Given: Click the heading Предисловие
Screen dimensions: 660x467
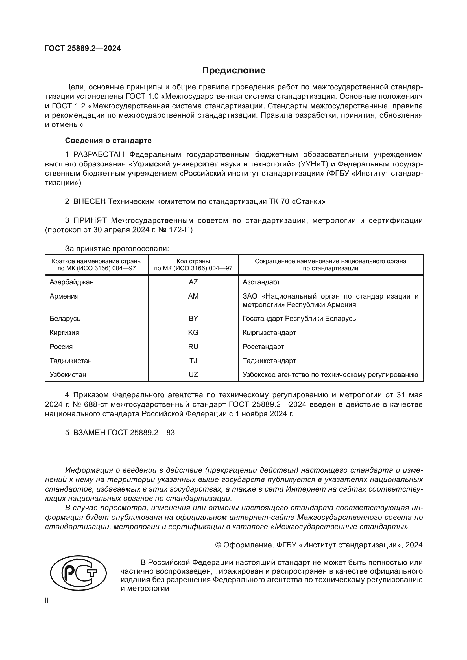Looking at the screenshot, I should pyautogui.click(x=234, y=71).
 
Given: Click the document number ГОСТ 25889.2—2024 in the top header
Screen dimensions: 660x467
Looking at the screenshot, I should pyautogui.click(x=83, y=48).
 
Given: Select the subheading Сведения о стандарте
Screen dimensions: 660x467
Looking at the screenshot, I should pyautogui.click(x=108, y=141).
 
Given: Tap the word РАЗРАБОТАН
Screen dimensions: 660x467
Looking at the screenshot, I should pyautogui.click(x=99, y=155).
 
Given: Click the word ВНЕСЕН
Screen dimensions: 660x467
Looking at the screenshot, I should pyautogui.click(x=90, y=201).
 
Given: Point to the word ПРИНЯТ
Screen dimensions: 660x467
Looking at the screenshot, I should pyautogui.click(x=90, y=220).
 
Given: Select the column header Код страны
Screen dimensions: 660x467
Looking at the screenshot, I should pyautogui.click(x=193, y=261).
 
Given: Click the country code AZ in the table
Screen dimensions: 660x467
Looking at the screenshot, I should pyautogui.click(x=193, y=282).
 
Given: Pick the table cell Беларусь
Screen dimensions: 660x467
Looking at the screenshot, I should pyautogui.click(x=65, y=319).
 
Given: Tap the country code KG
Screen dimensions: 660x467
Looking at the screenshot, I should pyautogui.click(x=193, y=333).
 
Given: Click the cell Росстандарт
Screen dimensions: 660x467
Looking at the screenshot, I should pyautogui.click(x=263, y=347).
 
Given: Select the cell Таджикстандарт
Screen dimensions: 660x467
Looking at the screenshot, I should pyautogui.click(x=269, y=361).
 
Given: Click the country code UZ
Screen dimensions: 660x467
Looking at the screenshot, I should pyautogui.click(x=193, y=374).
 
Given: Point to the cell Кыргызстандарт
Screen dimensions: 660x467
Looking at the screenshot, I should pyautogui.click(x=269, y=333).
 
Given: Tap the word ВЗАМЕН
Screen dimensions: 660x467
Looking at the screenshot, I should pyautogui.click(x=90, y=433).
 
